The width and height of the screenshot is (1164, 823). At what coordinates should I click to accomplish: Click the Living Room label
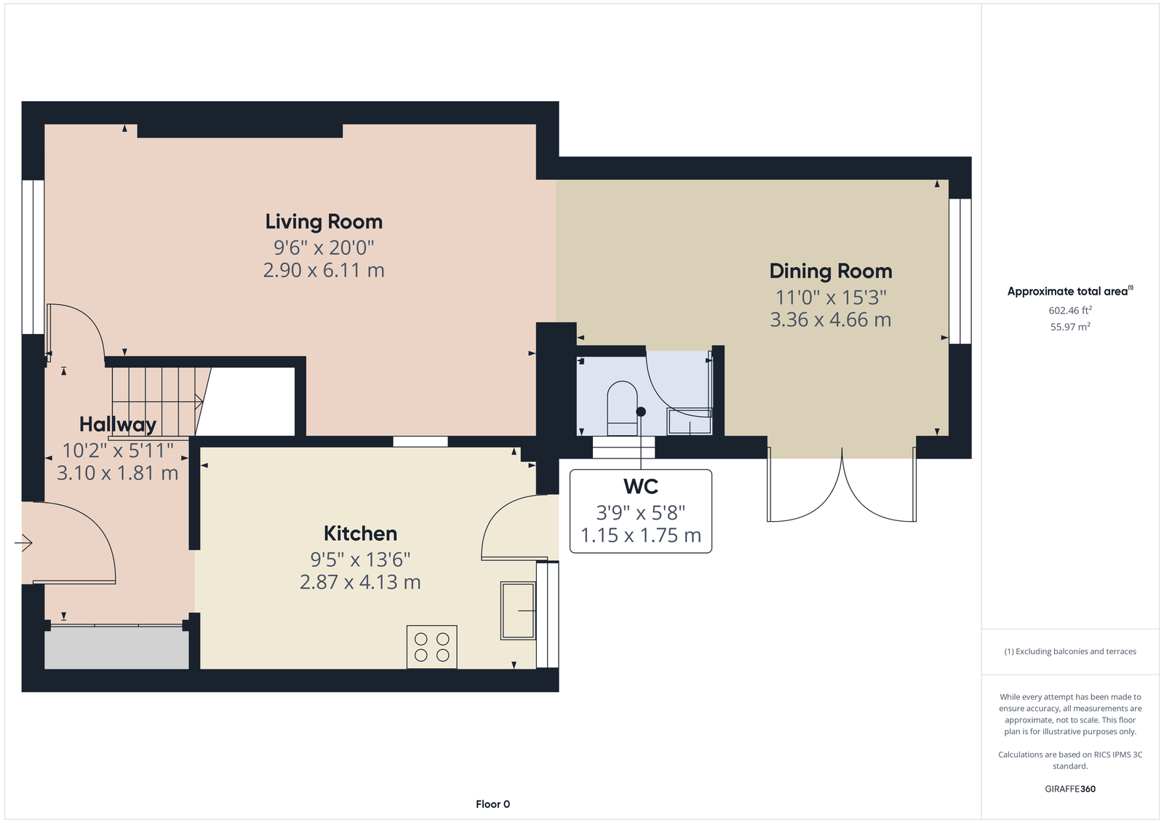pyautogui.click(x=324, y=222)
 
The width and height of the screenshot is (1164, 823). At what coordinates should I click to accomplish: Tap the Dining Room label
pyautogui.click(x=830, y=271)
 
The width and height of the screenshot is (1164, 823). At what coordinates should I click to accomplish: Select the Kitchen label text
pyautogui.click(x=360, y=533)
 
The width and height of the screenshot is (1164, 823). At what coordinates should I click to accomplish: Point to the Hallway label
pyautogui.click(x=117, y=425)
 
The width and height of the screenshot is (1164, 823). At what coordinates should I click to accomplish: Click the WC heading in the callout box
pyautogui.click(x=641, y=487)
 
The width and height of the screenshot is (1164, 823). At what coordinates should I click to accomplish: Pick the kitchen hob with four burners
pyautogui.click(x=432, y=647)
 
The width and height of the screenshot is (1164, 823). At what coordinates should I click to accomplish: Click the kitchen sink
pyautogui.click(x=517, y=611)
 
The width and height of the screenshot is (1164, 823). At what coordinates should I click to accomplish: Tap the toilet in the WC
pyautogui.click(x=622, y=409)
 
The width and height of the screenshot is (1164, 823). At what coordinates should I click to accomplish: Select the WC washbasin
pyautogui.click(x=690, y=421)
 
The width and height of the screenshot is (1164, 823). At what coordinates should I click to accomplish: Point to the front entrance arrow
pyautogui.click(x=23, y=544)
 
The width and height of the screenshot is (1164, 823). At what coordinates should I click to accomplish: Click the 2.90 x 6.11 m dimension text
pyautogui.click(x=324, y=271)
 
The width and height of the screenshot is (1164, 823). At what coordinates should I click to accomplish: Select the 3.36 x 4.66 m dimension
pyautogui.click(x=830, y=319)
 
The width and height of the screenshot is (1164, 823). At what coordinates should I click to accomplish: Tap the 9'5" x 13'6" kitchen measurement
pyautogui.click(x=360, y=560)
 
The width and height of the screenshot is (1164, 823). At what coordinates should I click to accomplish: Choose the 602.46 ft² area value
pyautogui.click(x=1070, y=311)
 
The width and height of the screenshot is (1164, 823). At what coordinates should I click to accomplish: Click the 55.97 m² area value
pyautogui.click(x=1070, y=327)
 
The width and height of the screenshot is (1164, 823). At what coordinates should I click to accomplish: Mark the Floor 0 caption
pyautogui.click(x=493, y=804)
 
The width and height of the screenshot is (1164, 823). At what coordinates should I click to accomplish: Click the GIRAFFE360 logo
pyautogui.click(x=1070, y=789)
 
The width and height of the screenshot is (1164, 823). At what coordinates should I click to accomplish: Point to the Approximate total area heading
pyautogui.click(x=1070, y=291)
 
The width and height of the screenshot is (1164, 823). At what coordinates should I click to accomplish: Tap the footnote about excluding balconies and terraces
pyautogui.click(x=1070, y=651)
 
